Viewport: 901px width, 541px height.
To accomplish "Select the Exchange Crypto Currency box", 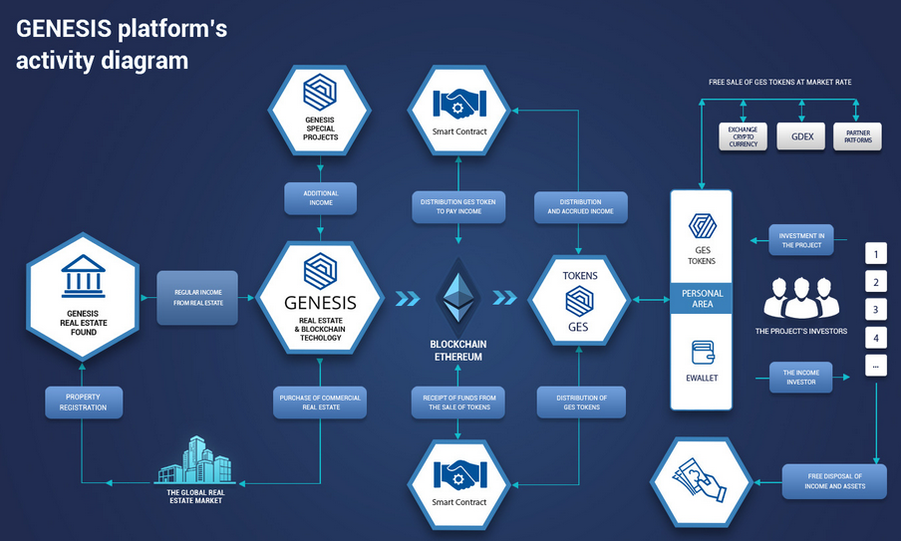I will tap(743, 136).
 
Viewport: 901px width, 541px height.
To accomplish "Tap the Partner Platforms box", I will tap(857, 136).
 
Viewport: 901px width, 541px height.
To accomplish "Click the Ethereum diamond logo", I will tap(457, 292).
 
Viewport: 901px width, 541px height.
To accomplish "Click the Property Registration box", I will tap(84, 403).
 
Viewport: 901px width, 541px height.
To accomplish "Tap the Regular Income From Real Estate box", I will tap(197, 296).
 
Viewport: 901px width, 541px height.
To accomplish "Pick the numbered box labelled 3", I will tap(876, 309).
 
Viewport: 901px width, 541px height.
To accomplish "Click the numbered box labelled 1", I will tap(876, 252).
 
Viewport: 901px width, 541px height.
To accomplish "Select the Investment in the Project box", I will tap(800, 239).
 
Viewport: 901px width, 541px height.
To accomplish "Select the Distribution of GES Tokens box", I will tap(582, 403).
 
